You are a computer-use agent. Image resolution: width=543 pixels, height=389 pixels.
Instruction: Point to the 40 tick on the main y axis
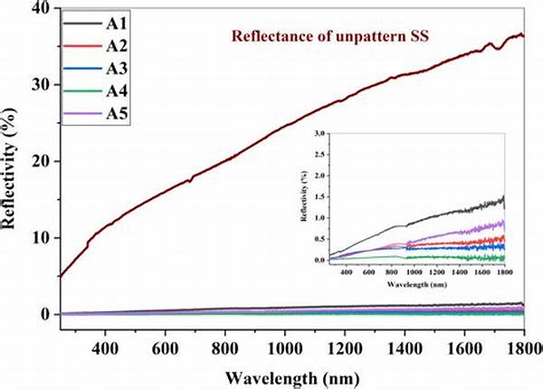[x=39, y=8]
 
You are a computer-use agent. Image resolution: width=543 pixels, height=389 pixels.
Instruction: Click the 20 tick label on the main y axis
[x=39, y=161]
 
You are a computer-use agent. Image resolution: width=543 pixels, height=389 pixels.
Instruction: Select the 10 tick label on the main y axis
[x=39, y=238]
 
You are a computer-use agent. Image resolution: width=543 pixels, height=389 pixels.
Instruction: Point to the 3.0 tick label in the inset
[x=316, y=132]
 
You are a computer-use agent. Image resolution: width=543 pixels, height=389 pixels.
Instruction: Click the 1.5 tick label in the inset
[x=316, y=195]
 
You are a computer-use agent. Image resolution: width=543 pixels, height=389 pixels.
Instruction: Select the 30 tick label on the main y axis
[x=39, y=84]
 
